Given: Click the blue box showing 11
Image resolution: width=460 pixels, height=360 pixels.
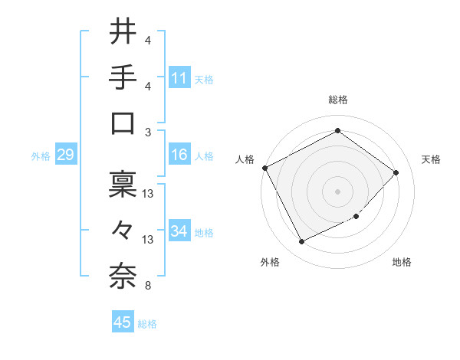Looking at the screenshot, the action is click(x=179, y=78).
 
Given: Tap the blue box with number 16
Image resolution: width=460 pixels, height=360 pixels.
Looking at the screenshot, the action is click(x=179, y=155).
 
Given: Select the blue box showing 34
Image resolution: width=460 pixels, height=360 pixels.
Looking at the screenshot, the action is click(x=179, y=231).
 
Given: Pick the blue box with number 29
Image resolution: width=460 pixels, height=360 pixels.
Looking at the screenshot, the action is click(x=65, y=155).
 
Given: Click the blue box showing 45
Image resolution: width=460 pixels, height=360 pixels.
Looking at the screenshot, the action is click(x=123, y=322).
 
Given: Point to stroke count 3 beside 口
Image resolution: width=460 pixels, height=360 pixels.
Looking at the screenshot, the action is click(x=148, y=132).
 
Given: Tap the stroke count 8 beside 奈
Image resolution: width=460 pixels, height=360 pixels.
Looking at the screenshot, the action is click(x=148, y=286).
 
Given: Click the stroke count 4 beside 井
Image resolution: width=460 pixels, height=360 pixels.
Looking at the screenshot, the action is click(x=148, y=40).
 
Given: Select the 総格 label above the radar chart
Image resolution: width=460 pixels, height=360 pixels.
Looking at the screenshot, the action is click(x=337, y=100).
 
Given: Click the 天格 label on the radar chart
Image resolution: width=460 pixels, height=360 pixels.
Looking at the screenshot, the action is click(x=431, y=159).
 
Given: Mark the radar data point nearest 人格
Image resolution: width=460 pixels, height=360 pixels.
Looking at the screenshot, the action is click(x=264, y=168).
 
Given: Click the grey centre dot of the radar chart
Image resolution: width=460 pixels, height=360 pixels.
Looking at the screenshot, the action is click(x=337, y=191).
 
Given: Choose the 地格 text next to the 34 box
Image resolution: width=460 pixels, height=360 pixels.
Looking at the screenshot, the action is click(x=204, y=232).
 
